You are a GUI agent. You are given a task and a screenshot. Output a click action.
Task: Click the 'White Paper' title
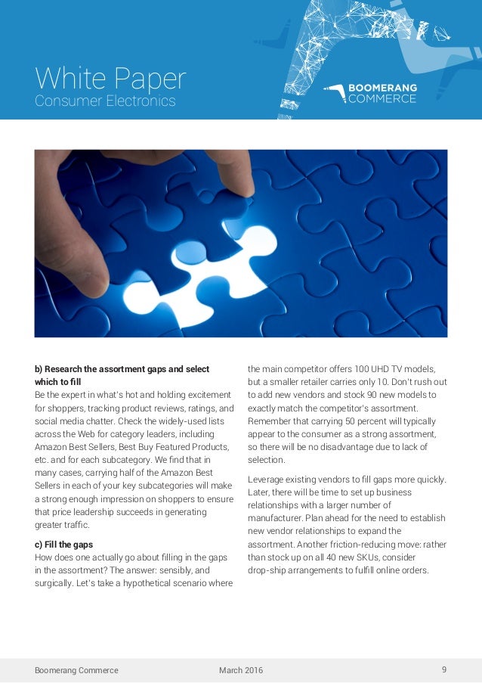[110, 79]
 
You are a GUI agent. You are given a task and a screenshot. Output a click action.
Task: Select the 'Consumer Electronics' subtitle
[105, 101]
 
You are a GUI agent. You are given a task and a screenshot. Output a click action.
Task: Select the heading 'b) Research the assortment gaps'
[122, 368]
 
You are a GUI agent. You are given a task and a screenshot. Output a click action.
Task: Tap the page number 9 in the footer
[444, 669]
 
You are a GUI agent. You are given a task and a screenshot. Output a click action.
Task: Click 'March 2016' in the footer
[241, 670]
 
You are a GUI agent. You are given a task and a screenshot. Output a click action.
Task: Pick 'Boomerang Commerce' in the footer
[76, 670]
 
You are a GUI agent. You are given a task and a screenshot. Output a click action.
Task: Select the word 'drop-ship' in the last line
[267, 570]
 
